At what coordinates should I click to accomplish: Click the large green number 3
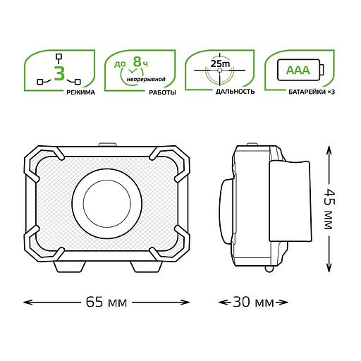coord(59,73)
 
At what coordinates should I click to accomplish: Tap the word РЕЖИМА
coord(80,92)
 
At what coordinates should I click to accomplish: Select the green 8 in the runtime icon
coord(137,61)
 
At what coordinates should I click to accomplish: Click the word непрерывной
coord(146,79)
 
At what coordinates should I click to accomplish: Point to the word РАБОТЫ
coord(162,92)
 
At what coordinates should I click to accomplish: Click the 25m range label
coord(220,63)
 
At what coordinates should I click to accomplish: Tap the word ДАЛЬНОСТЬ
coord(235,92)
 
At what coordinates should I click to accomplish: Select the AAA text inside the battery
coord(298,71)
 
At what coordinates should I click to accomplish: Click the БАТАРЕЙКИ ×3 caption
coord(312,92)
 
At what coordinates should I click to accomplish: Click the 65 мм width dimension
coord(106,302)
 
